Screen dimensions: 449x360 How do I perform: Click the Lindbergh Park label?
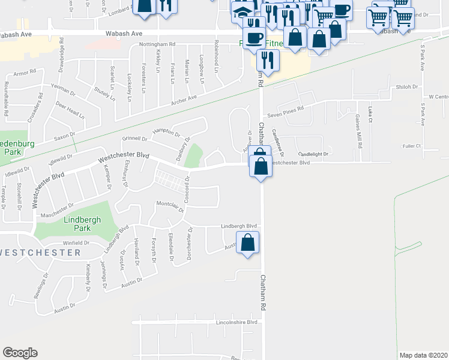pos(77,224)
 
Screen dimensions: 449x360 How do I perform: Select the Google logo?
pos(20,353)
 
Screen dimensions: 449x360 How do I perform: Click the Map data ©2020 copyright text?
pos(423,355)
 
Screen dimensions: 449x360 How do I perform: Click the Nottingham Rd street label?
pos(156,44)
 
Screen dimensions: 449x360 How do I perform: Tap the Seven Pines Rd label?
pos(286,109)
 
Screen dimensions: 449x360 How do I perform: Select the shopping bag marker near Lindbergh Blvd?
pos(247,243)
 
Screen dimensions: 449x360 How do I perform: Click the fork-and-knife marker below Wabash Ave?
pos(267,59)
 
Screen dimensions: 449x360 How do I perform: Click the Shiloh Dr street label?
pos(406,87)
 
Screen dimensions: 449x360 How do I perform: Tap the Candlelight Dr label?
pos(313,154)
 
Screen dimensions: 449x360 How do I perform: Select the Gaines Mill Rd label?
pos(358,127)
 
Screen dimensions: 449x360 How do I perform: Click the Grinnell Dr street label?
pos(135,137)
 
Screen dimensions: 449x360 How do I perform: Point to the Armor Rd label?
pos(25,73)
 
